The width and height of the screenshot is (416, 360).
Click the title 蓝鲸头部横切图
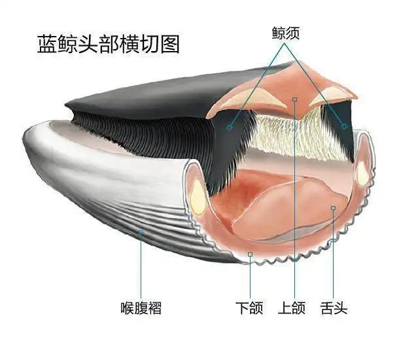tap(109, 44)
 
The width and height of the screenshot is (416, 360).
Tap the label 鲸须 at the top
tap(286, 33)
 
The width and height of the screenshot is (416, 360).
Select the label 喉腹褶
tap(141, 308)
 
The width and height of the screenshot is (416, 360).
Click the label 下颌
tap(250, 308)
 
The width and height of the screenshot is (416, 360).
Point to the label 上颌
tap(292, 308)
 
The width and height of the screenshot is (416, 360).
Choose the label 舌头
tap(334, 308)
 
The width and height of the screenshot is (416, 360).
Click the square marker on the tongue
tap(333, 208)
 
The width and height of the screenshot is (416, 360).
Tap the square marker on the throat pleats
tap(141, 233)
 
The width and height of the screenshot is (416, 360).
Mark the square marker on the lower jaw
tap(250, 255)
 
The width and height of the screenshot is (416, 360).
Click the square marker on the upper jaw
tap(294, 99)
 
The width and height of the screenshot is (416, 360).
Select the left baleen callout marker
tap(230, 128)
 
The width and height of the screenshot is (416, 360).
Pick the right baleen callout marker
tap(344, 126)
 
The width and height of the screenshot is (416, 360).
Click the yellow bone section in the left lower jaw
tap(198, 197)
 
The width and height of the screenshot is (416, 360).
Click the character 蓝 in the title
tap(47, 44)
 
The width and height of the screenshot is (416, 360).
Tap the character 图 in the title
tap(170, 44)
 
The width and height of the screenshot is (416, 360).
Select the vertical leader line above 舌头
tap(333, 255)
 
